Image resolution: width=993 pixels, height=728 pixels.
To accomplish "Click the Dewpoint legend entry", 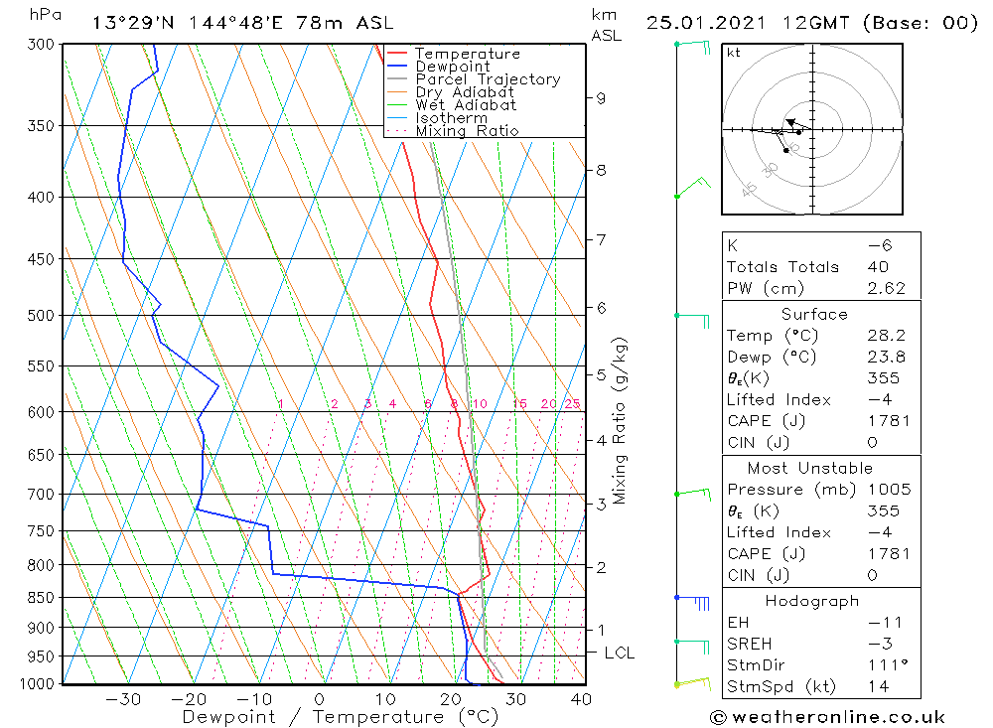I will (x=452, y=67).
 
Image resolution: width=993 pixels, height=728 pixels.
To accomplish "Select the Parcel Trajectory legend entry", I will (x=488, y=79).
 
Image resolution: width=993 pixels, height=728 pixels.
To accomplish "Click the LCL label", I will (x=619, y=653).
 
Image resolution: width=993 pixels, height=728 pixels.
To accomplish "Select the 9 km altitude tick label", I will (x=601, y=97).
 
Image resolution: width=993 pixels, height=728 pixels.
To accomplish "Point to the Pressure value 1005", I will (x=888, y=490).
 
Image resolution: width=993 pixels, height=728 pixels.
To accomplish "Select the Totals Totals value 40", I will (x=877, y=266).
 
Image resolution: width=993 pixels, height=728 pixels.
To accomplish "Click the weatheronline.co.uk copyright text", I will (x=826, y=716).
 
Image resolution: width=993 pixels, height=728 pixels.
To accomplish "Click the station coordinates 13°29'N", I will (x=132, y=23).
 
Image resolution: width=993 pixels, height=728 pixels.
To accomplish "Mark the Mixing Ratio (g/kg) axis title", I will (x=621, y=419).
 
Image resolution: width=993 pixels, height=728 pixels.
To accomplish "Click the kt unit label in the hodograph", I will (x=734, y=53).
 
